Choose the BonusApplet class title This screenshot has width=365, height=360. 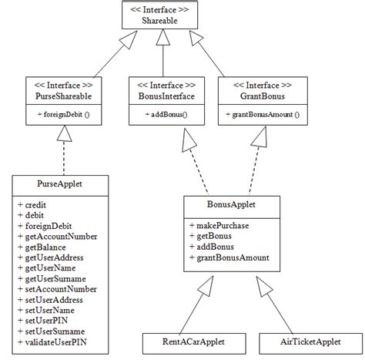232,206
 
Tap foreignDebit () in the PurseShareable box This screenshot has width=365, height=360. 62,115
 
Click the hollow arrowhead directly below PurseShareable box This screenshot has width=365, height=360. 65,135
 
